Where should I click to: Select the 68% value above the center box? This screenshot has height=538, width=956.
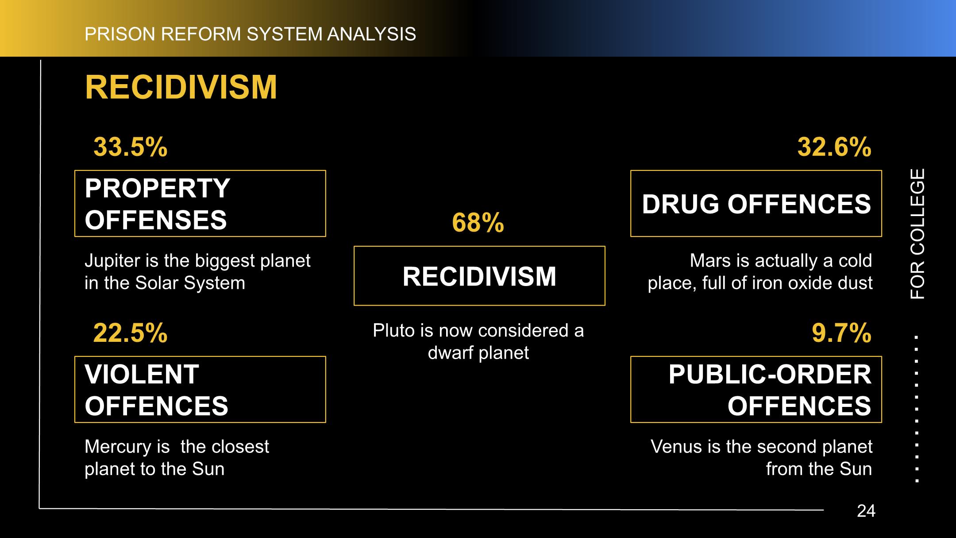[478, 222]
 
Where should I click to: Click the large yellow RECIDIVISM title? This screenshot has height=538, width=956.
[181, 87]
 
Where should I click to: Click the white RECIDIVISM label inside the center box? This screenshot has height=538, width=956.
[479, 276]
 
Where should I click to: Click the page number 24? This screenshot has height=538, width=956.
[866, 511]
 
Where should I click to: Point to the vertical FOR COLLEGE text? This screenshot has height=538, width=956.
[917, 234]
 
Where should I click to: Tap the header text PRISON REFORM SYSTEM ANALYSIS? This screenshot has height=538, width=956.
[251, 34]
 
